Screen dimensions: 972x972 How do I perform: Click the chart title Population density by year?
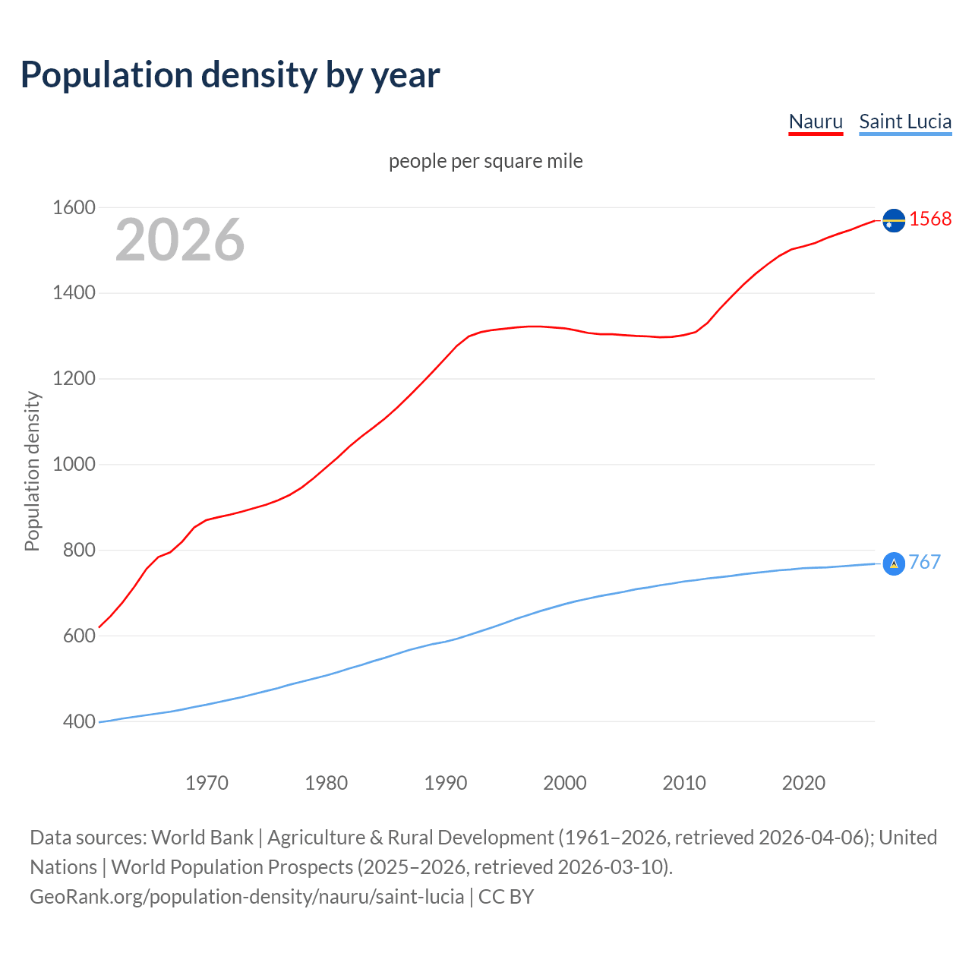[x=230, y=75]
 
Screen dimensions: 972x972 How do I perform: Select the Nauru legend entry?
[x=816, y=121]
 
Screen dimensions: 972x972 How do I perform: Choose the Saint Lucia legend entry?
[x=905, y=121]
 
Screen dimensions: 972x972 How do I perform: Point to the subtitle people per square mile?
[x=486, y=161]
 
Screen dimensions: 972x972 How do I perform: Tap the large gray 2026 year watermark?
[x=180, y=240]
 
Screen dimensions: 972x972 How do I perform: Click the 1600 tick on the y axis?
[x=74, y=207]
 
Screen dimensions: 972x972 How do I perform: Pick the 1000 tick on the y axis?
[x=74, y=464]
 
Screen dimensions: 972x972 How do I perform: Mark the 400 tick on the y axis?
[x=79, y=721]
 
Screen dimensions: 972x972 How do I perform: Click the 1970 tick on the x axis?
[x=207, y=783]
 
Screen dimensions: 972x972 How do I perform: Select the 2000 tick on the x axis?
[x=565, y=783]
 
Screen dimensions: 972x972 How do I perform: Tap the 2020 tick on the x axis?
[x=803, y=783]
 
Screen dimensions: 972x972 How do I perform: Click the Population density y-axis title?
[x=32, y=471]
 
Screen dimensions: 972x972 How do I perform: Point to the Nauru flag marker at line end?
[x=894, y=220]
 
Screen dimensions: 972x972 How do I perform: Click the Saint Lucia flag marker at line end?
[x=894, y=563]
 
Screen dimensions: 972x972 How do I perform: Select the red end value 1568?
[x=930, y=219]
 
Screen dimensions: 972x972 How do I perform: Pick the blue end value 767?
[x=924, y=562]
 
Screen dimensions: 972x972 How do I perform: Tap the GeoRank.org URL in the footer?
[x=247, y=897]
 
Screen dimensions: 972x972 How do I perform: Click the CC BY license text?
[x=506, y=897]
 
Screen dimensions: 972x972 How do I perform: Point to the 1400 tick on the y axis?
[x=74, y=292]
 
